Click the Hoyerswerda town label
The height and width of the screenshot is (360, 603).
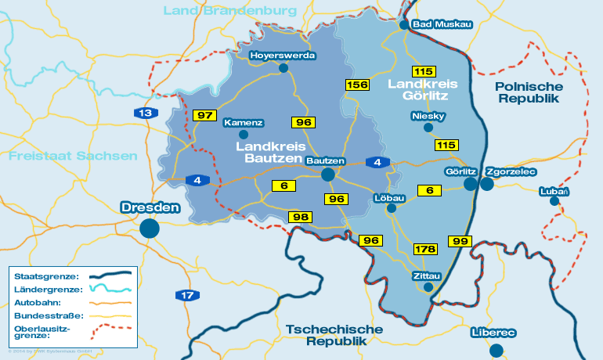(x=283, y=56)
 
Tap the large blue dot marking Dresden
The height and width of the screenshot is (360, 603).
(x=150, y=228)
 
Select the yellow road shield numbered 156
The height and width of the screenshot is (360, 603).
(x=357, y=85)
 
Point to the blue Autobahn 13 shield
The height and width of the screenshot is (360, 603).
(x=143, y=113)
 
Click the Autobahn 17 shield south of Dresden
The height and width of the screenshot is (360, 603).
(x=186, y=295)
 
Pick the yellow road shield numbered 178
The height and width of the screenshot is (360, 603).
(x=425, y=249)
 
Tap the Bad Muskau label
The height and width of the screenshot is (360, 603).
(x=442, y=24)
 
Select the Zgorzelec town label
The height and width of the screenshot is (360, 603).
(x=511, y=171)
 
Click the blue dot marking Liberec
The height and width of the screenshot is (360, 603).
(x=496, y=350)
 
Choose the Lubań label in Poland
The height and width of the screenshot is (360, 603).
(x=554, y=192)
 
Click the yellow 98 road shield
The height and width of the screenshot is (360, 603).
(x=301, y=217)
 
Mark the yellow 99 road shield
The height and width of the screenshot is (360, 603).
(x=459, y=240)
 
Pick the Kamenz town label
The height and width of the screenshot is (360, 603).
(x=244, y=123)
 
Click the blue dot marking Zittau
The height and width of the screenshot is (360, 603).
(x=428, y=287)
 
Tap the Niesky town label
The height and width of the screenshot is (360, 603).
(x=428, y=117)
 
